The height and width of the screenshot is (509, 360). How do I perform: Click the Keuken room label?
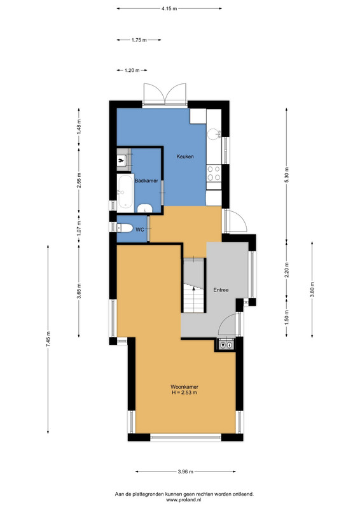click(x=185, y=157)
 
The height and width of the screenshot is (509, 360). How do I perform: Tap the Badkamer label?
click(x=146, y=181)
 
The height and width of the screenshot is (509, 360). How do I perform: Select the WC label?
click(x=140, y=230)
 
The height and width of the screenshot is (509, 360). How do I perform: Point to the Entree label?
click(x=221, y=290)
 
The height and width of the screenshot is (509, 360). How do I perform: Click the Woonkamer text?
click(x=184, y=387)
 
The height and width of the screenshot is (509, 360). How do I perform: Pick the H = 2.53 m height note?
click(x=184, y=393)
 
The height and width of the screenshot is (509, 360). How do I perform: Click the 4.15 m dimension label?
click(x=169, y=9)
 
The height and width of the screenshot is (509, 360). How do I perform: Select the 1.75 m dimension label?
click(x=139, y=40)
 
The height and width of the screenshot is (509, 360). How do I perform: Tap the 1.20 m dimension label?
click(x=132, y=70)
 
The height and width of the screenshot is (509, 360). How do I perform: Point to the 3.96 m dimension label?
click(x=186, y=471)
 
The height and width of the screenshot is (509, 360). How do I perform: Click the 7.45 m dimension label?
click(x=48, y=339)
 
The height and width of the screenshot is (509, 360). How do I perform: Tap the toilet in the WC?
click(x=125, y=228)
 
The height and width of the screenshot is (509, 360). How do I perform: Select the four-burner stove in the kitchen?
click(x=214, y=173)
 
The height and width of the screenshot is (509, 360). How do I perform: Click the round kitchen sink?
click(x=214, y=134)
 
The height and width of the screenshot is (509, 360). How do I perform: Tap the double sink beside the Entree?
click(x=226, y=345)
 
